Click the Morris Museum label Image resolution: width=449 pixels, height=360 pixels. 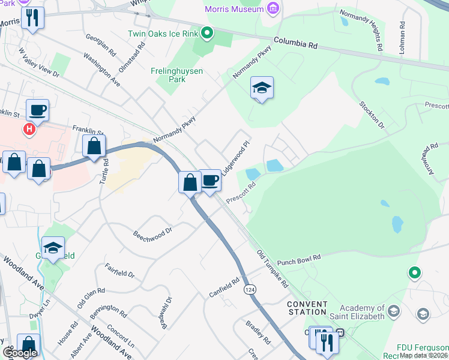234,9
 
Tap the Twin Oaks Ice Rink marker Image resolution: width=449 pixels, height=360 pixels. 207,32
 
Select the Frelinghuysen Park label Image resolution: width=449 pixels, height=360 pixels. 176,75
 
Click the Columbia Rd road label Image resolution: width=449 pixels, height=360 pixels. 297,43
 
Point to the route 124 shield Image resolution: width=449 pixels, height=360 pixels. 249,290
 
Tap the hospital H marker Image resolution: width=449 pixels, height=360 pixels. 28,128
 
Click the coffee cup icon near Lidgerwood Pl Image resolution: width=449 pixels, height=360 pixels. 209,181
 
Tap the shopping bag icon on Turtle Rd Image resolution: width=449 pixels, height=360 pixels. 94,146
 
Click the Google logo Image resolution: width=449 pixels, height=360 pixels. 20,353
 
